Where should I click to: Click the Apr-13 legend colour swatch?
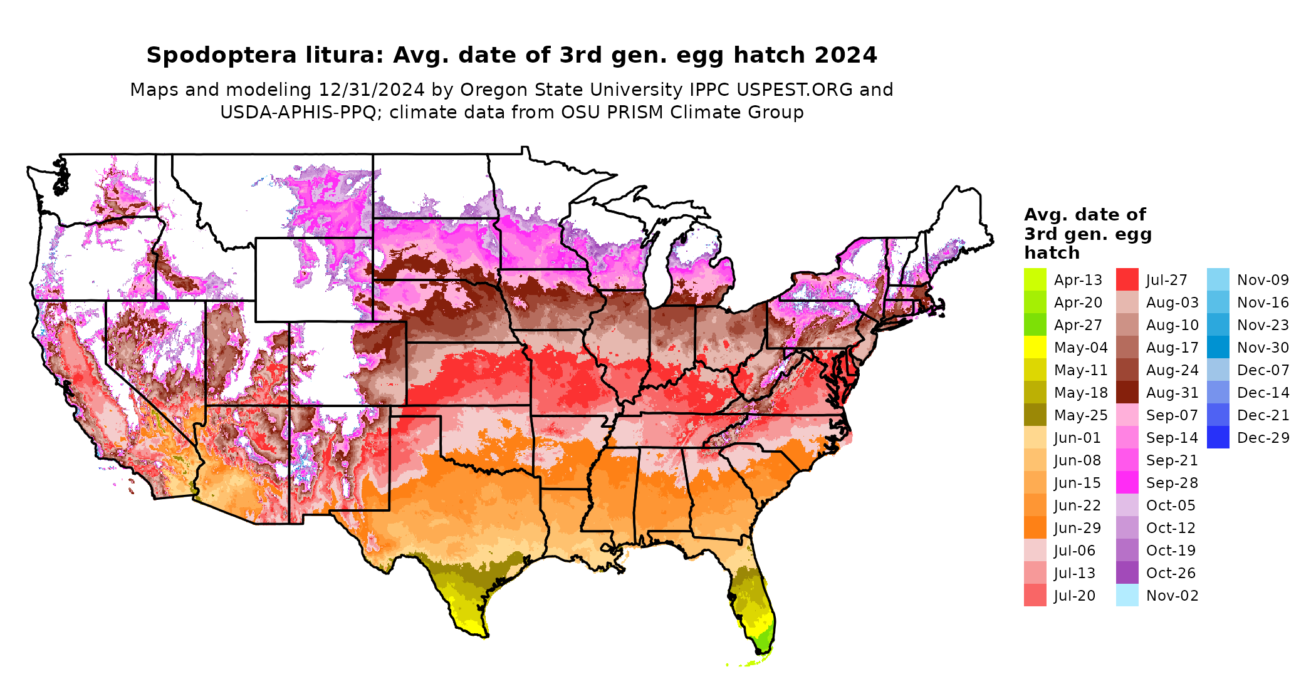[1035, 280]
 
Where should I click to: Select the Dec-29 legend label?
[1263, 438]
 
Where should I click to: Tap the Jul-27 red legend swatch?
[1127, 280]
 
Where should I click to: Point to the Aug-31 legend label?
[1172, 393]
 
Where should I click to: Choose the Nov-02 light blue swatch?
[1127, 596]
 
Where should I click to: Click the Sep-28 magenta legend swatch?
[1127, 483]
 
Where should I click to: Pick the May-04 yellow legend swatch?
[1035, 348]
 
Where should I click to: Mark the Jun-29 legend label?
[1077, 528]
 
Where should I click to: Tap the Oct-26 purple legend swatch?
[1127, 573]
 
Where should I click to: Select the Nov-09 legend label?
[1263, 280]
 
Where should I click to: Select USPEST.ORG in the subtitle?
[795, 90]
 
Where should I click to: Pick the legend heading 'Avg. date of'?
[1085, 215]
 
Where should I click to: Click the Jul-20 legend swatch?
[1035, 596]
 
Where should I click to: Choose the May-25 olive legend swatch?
[1035, 415]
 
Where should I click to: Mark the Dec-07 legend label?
[1263, 370]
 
